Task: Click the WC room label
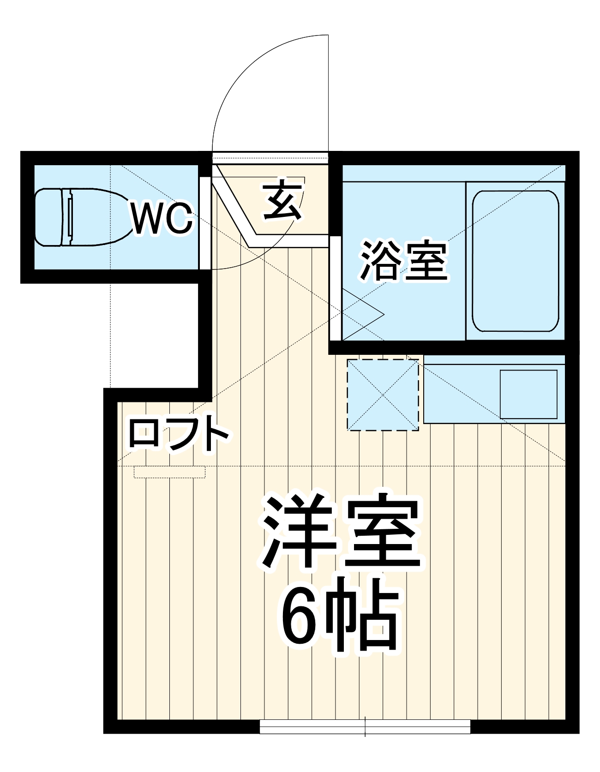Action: [x=162, y=218]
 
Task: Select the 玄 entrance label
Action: [x=283, y=201]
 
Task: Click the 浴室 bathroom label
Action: [x=404, y=261]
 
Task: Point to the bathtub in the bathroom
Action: [x=515, y=261]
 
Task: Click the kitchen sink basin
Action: [x=528, y=394]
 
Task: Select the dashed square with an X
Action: [x=383, y=395]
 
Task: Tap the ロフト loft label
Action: [x=179, y=433]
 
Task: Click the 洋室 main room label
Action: [x=342, y=532]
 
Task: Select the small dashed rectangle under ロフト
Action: [x=169, y=472]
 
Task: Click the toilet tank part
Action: [x=48, y=217]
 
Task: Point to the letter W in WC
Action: [x=147, y=218]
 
